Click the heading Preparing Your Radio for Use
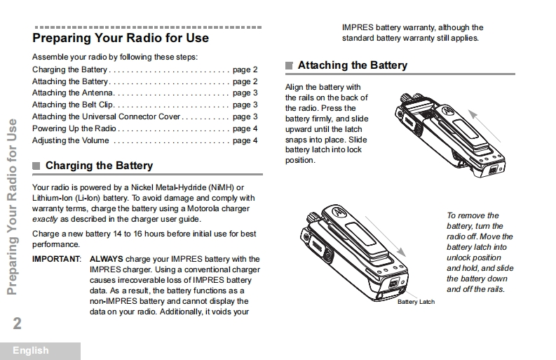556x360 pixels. click(x=120, y=38)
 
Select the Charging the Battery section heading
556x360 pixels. click(x=99, y=166)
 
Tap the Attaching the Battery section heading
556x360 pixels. click(x=352, y=65)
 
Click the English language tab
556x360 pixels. click(x=31, y=350)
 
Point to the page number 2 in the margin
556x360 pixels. click(x=17, y=324)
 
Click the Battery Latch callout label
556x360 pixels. click(x=416, y=302)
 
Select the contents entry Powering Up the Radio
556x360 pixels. click(x=74, y=129)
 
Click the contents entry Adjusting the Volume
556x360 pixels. click(x=70, y=141)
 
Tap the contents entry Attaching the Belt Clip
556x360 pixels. click(x=73, y=105)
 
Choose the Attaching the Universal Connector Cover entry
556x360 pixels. click(x=106, y=117)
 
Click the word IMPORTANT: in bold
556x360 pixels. click(x=57, y=260)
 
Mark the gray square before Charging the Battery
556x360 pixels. click(x=36, y=166)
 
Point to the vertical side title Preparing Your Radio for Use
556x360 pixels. click(x=12, y=207)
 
